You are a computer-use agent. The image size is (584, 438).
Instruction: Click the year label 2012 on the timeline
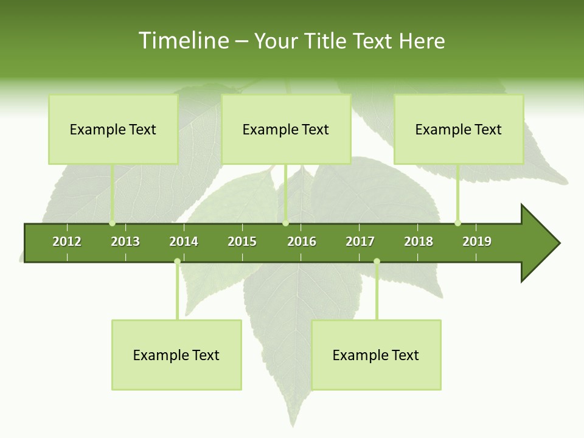[67, 242]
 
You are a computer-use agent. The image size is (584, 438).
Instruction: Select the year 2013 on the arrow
[125, 242]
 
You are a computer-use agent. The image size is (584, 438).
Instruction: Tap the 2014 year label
[184, 242]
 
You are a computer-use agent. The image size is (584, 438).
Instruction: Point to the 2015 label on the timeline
[242, 242]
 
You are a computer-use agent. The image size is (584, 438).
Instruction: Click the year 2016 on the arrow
[302, 242]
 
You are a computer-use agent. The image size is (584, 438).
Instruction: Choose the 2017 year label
[360, 242]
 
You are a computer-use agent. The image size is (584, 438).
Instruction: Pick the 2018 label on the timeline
[419, 242]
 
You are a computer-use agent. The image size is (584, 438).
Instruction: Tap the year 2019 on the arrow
[477, 242]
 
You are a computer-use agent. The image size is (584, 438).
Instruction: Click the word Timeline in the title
[182, 41]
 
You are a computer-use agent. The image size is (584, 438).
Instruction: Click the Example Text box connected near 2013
[113, 129]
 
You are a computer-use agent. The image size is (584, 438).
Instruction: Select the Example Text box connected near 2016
[286, 129]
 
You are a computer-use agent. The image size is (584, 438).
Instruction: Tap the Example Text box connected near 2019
[459, 129]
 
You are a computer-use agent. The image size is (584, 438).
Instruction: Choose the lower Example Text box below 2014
[176, 355]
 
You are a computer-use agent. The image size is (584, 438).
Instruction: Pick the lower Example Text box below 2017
[376, 355]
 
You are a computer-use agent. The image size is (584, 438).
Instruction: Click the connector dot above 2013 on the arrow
[113, 223]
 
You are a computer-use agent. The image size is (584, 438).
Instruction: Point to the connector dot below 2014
[177, 261]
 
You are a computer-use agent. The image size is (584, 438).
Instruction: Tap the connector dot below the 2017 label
[377, 261]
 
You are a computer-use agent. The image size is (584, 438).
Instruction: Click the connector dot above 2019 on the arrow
[457, 223]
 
